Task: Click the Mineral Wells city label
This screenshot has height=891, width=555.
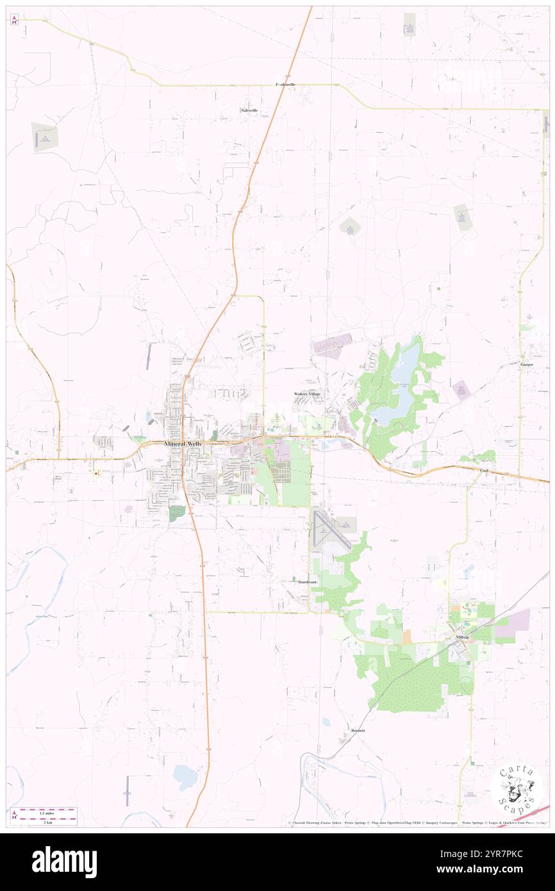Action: [x=183, y=444]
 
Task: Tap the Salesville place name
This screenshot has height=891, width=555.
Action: [x=249, y=110]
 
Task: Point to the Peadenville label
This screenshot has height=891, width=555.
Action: [x=285, y=85]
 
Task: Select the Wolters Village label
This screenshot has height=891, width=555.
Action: [x=307, y=393]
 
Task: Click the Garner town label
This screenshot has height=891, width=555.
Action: [x=527, y=364]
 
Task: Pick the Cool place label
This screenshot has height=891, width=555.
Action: [x=484, y=470]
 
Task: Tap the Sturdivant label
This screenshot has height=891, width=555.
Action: [x=307, y=581]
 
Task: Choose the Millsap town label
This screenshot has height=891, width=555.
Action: [x=462, y=638]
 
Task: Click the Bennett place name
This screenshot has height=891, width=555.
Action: [x=358, y=731]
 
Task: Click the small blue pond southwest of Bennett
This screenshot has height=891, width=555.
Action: [x=185, y=777]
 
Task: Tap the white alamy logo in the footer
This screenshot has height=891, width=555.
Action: [x=64, y=861]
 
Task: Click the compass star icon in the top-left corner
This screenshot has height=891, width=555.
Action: [x=14, y=20]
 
